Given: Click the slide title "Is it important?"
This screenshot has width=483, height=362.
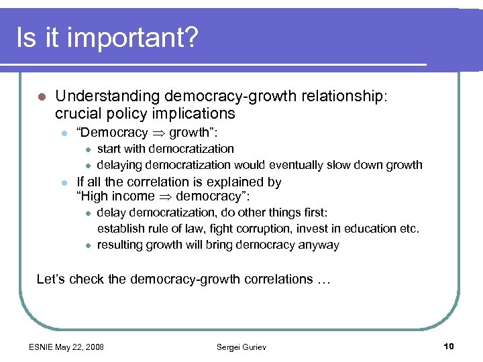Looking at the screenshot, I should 107,38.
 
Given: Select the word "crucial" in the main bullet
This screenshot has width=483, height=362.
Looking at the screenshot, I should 78,113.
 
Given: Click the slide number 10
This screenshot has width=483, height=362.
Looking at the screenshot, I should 449,346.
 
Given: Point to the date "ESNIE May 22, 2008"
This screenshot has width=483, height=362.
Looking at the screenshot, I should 66,347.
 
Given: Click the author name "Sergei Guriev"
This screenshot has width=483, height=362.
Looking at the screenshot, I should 241,347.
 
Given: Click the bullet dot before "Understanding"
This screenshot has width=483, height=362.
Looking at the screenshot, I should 42,97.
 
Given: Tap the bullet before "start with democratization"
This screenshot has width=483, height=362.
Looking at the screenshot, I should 87,149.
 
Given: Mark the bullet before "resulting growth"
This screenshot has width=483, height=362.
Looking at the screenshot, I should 87,245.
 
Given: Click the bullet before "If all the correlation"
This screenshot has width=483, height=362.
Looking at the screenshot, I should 64,182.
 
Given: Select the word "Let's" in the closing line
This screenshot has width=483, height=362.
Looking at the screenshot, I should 51,279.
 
